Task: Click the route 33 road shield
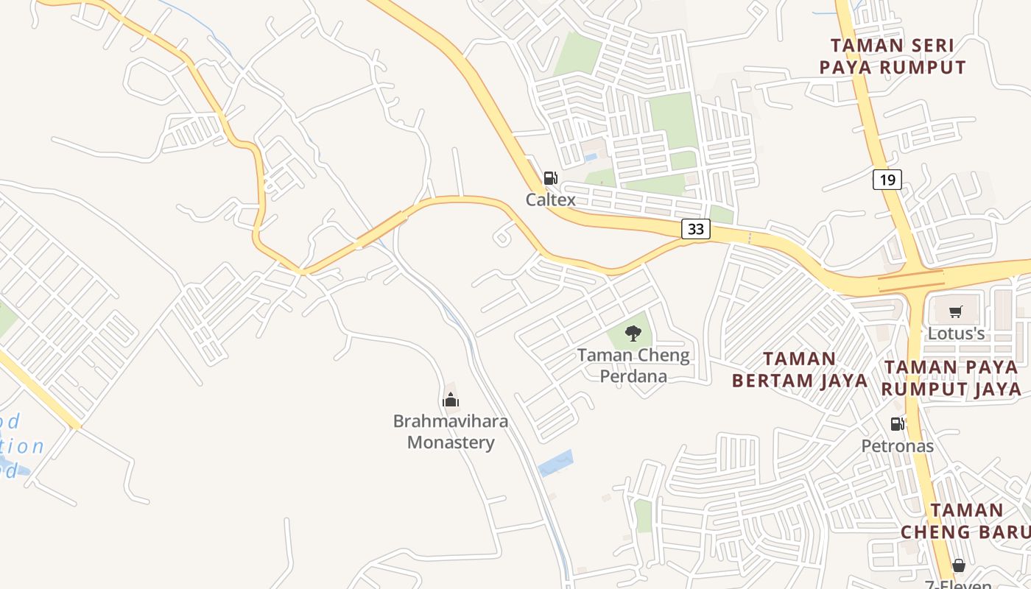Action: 695,229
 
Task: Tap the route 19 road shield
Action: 887,179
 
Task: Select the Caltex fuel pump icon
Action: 550,178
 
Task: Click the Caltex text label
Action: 550,200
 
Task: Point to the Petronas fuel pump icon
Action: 897,424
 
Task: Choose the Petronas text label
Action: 897,445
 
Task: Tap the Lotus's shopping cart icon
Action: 956,312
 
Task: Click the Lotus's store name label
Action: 956,334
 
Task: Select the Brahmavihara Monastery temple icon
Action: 451,401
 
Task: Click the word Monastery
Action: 451,442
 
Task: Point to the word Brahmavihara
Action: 451,422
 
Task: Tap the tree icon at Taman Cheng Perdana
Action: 633,334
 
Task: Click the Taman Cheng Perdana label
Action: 633,365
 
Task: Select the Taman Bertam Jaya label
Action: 784,370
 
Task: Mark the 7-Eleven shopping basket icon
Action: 958,565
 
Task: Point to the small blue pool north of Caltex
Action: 591,158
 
